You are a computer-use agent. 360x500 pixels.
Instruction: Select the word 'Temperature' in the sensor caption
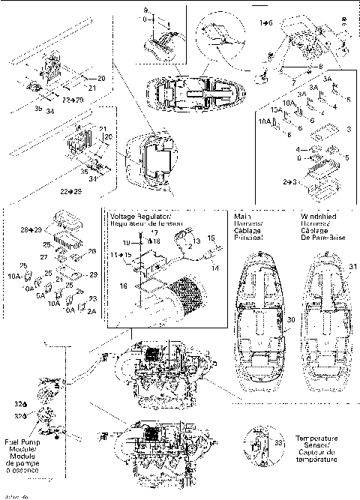point(315,438)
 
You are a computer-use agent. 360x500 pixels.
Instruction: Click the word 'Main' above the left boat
point(242,215)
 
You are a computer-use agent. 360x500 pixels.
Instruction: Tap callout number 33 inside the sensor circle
point(278,444)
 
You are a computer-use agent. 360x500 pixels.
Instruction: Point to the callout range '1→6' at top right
point(266,24)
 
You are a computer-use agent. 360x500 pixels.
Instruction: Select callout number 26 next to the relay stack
point(92,251)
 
